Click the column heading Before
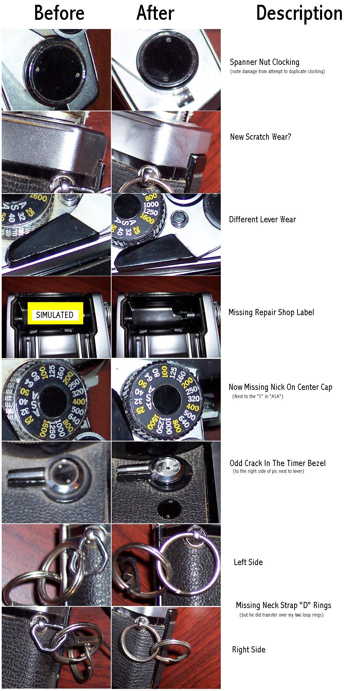click(59, 13)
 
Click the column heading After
click(155, 13)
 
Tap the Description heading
click(299, 14)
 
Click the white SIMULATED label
click(55, 315)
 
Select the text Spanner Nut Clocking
click(264, 62)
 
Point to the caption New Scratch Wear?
click(261, 137)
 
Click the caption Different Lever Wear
click(262, 219)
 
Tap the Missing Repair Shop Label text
click(271, 312)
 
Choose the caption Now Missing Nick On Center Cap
click(280, 387)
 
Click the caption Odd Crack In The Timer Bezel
click(277, 463)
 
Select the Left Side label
click(248, 562)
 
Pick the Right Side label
click(249, 650)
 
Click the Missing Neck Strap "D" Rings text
click(283, 605)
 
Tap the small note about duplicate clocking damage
click(277, 71)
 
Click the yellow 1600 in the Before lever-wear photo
click(38, 198)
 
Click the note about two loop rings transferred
click(282, 615)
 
